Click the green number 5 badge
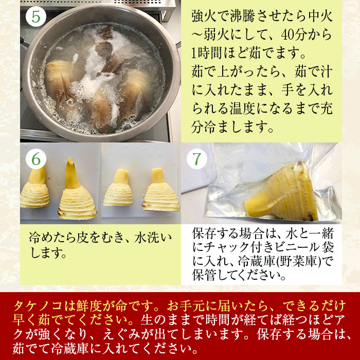click(36, 16)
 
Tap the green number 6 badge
click(36, 159)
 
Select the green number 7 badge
click(197, 159)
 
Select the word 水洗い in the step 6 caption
click(153, 238)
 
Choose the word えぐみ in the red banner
click(121, 334)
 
